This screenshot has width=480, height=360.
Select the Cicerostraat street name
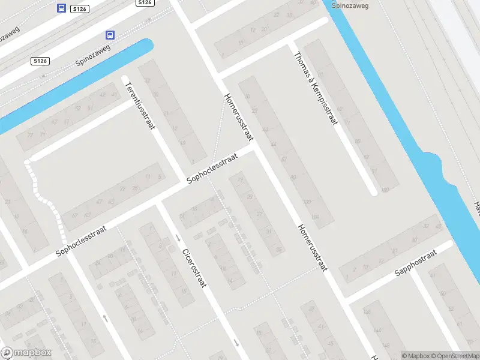(194, 268)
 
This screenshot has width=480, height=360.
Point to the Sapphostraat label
(416, 264)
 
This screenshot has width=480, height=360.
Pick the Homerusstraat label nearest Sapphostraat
(313, 247)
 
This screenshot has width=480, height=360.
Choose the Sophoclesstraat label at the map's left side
(81, 241)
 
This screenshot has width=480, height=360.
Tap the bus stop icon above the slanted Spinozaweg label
(110, 35)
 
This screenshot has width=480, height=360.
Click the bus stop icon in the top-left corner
(61, 8)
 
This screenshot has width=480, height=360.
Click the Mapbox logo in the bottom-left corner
(26, 353)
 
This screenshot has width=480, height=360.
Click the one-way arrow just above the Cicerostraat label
(178, 238)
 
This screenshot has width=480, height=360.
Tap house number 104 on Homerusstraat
(314, 217)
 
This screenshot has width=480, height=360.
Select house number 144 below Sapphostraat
(377, 330)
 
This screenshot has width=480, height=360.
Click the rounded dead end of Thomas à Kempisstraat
(373, 191)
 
